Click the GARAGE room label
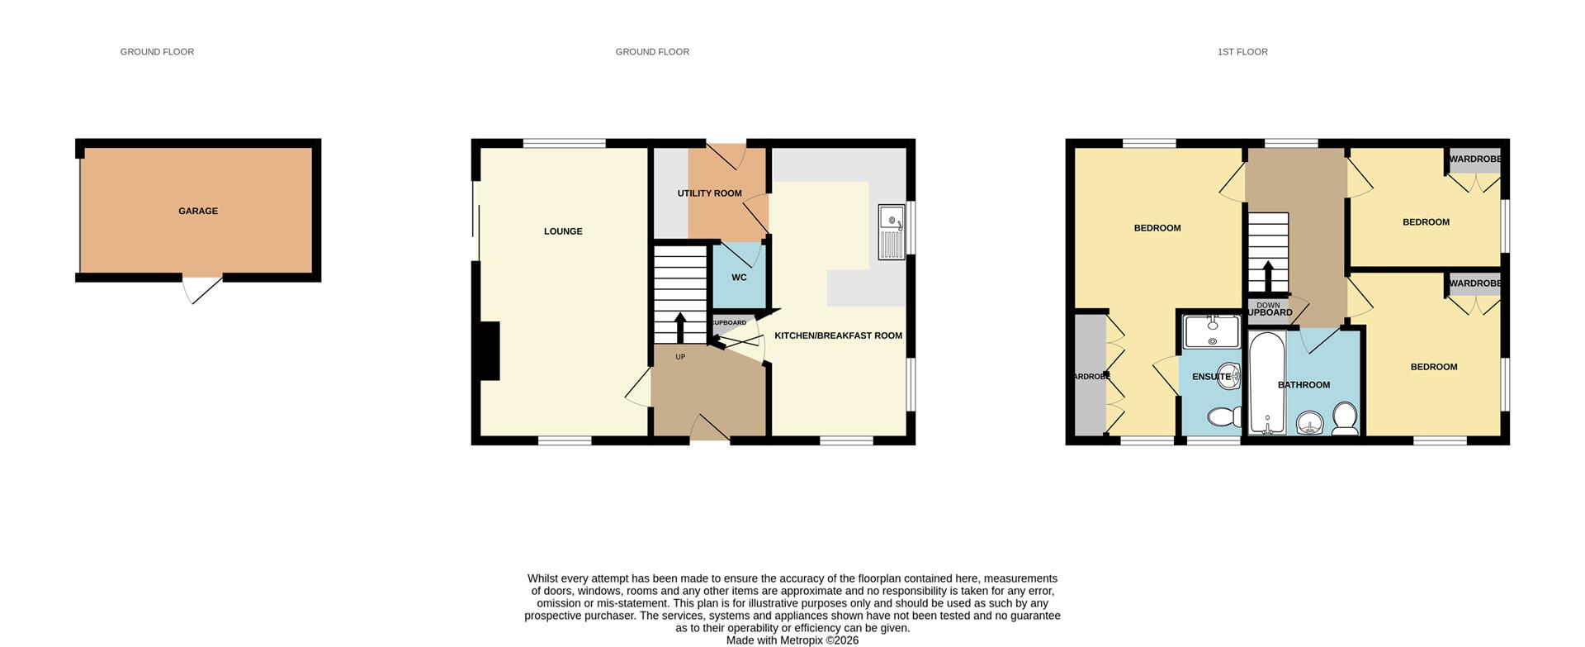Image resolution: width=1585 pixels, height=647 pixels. (x=198, y=212)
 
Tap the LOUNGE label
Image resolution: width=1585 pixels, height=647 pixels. (x=563, y=231)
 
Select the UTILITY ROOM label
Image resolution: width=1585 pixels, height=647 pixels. (x=709, y=193)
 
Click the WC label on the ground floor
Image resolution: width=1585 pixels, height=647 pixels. (x=739, y=278)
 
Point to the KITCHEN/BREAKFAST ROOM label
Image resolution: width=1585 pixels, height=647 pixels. (x=838, y=336)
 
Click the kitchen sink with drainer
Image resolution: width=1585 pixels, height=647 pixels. (x=892, y=232)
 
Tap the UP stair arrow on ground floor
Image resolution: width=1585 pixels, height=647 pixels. (x=680, y=327)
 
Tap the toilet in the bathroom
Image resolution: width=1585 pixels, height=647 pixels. (x=1345, y=419)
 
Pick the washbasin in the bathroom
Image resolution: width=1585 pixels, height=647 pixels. (x=1309, y=425)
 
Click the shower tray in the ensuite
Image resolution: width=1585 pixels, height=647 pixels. (x=1212, y=331)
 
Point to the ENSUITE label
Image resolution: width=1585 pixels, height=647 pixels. (x=1211, y=377)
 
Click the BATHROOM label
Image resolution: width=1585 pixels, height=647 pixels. (x=1303, y=385)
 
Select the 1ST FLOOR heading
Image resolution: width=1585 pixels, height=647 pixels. (x=1242, y=52)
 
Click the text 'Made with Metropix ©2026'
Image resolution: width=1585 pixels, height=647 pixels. (x=792, y=640)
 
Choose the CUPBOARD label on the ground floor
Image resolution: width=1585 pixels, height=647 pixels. (x=729, y=323)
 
